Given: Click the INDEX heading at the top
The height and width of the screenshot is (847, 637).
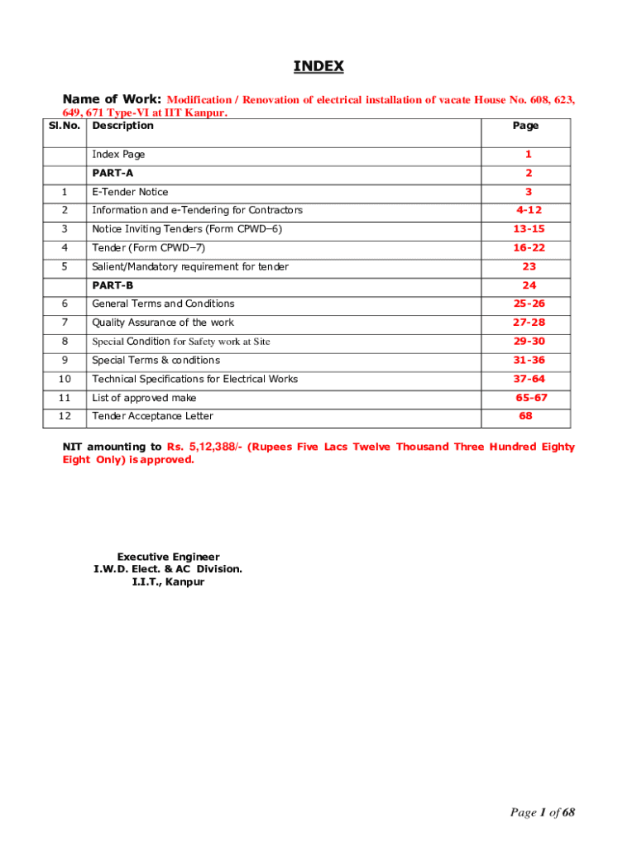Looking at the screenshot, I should (x=318, y=66).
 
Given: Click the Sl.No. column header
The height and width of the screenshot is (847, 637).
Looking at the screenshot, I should (x=63, y=126).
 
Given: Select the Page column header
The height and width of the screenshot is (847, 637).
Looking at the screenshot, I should (x=525, y=126).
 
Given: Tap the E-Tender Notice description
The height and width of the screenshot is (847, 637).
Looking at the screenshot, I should (x=130, y=192).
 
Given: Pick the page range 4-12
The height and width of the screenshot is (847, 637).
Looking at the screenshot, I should (x=528, y=210).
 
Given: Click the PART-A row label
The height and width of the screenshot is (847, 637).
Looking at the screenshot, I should (x=113, y=173).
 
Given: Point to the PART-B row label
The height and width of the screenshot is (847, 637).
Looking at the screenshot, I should (x=113, y=285).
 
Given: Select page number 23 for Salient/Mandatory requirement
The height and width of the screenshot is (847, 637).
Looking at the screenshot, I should (x=529, y=266).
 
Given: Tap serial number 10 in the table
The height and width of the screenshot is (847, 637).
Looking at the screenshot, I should (x=65, y=379).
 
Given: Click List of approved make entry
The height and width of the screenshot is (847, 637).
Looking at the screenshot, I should (x=144, y=398).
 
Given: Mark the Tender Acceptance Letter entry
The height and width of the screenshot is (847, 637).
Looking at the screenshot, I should (x=152, y=416).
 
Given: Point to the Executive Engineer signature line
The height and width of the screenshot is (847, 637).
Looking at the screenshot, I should (x=168, y=557).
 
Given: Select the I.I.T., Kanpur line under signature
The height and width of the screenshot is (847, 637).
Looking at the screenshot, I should (x=168, y=581).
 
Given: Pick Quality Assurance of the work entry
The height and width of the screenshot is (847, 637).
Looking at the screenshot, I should (x=163, y=323).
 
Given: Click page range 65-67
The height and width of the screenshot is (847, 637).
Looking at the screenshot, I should (x=531, y=398).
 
